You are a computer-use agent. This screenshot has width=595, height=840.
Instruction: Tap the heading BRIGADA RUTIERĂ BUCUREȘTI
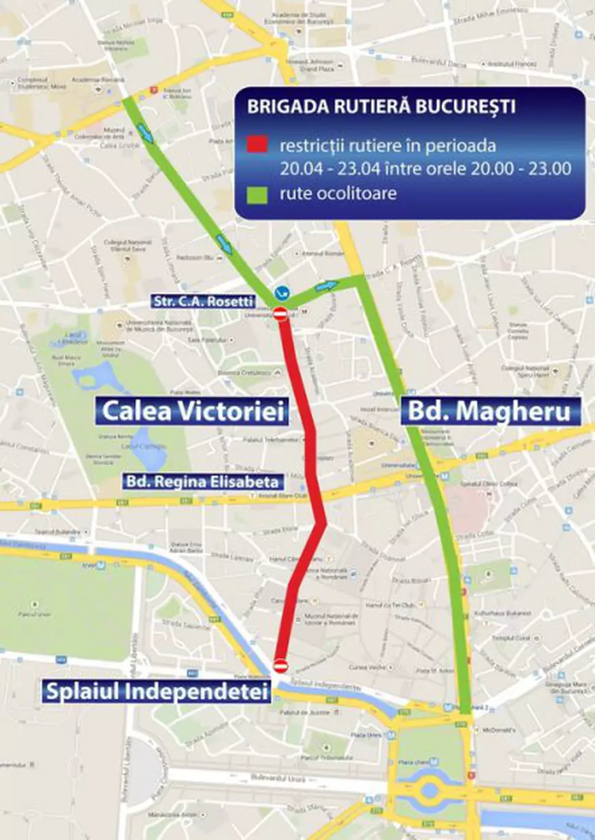[382, 108]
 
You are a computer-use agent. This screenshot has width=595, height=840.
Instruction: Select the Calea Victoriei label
[192, 411]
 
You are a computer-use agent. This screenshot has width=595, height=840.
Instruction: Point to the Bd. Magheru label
[490, 411]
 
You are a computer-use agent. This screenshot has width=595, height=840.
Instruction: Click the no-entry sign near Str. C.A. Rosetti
[280, 314]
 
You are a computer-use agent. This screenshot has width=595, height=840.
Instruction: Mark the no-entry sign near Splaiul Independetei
[280, 664]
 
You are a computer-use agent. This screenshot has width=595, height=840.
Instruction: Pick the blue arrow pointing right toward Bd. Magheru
[328, 285]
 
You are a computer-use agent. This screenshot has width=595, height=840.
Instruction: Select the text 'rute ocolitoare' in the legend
[338, 194]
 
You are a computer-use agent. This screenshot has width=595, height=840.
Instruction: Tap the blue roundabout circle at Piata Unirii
[429, 789]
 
